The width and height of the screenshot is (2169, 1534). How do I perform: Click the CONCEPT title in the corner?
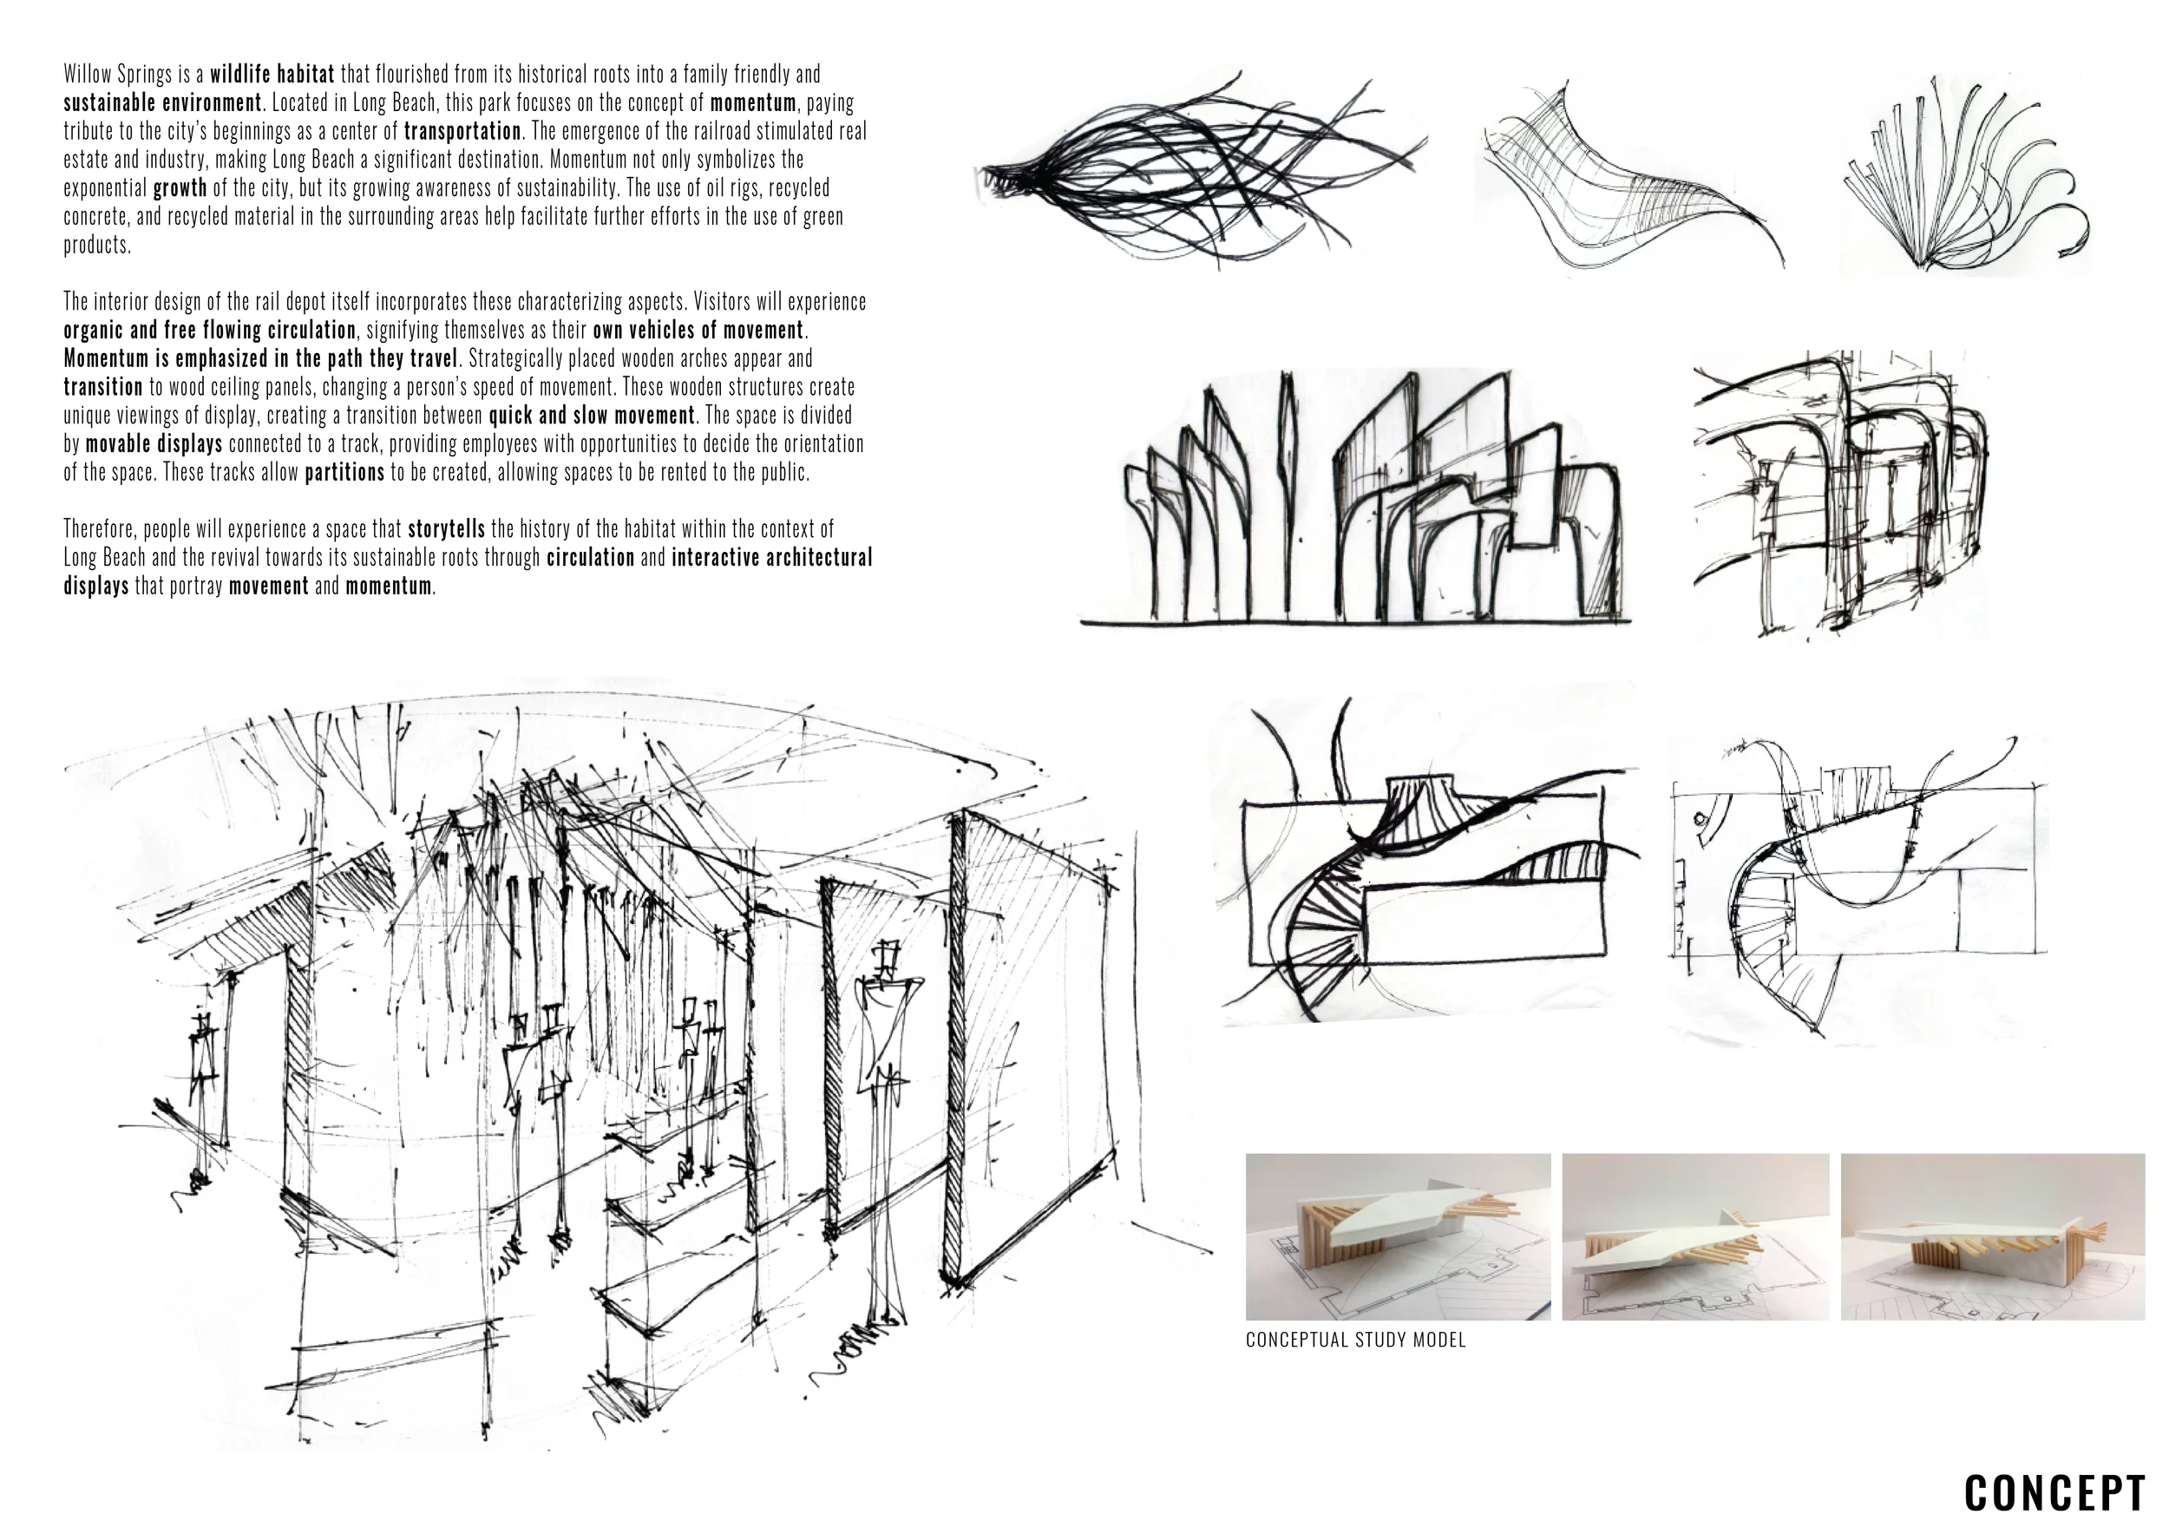[x=2054, y=1492]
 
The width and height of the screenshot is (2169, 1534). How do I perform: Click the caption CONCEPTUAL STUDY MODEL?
[x=1355, y=1340]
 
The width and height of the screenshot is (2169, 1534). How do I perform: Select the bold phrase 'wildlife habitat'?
[x=272, y=75]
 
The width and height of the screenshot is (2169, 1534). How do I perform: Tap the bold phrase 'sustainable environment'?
[x=162, y=103]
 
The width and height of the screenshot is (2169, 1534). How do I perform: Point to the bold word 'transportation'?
[x=463, y=131]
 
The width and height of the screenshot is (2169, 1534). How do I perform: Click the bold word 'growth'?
[x=180, y=188]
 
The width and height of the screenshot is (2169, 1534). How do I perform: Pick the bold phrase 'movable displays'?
[x=154, y=444]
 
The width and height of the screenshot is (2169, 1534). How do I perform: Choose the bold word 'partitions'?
[x=344, y=472]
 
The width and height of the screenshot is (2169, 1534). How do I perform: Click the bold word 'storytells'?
[x=446, y=529]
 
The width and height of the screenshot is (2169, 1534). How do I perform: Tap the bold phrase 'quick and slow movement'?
[x=592, y=416]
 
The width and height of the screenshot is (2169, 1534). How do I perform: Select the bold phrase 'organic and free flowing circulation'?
[x=210, y=331]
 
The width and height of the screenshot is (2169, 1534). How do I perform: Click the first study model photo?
[x=1398, y=1236]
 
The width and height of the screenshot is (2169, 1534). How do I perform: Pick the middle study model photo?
[x=1695, y=1236]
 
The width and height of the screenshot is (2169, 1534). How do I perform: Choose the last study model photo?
[x=1993, y=1236]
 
